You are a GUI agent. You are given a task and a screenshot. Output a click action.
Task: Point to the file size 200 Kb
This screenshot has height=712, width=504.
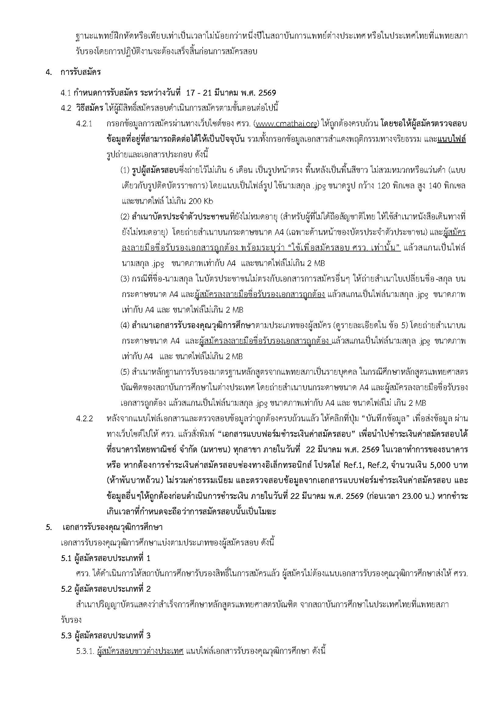pos(201,201)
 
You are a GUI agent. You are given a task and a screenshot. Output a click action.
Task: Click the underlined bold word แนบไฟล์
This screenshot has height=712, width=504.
pos(452,139)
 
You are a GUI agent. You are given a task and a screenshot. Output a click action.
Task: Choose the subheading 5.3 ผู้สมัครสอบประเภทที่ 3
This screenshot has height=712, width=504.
pos(106,635)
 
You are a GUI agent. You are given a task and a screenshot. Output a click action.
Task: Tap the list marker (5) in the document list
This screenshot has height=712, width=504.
pos(125,372)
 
